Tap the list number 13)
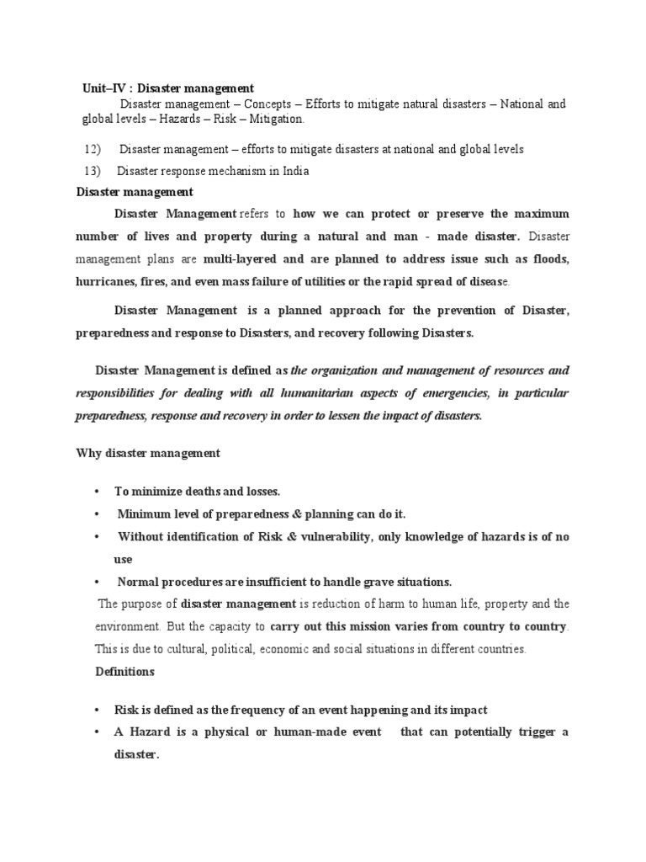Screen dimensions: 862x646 click(93, 171)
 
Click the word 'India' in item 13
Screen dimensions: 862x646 click(294, 171)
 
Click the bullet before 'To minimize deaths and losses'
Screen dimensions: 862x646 click(98, 492)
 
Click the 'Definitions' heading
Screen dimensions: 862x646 click(124, 672)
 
